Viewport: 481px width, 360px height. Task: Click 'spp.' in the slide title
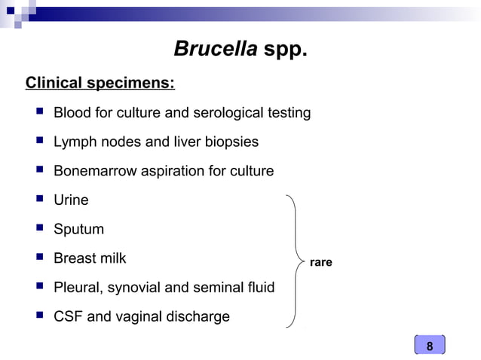[285, 50]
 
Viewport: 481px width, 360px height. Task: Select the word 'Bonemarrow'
[95, 171]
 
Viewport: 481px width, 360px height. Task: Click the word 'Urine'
[71, 200]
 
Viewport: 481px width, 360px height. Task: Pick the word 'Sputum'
[78, 230]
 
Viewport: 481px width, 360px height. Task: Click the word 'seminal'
[223, 288]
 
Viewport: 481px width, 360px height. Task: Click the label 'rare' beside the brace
[320, 263]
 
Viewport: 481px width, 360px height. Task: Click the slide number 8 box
[430, 346]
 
